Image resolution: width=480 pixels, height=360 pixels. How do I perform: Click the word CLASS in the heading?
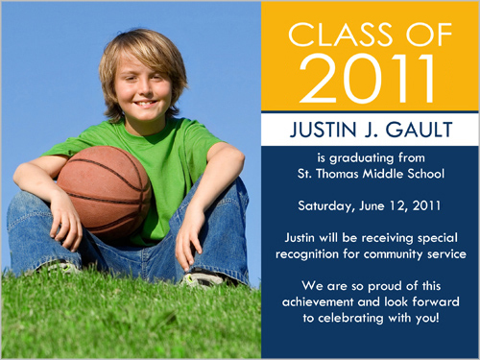(341, 35)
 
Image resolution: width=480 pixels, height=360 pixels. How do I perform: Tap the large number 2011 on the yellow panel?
(367, 79)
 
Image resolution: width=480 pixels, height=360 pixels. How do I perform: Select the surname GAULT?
(419, 130)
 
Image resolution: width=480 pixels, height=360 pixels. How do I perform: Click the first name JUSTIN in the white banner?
(324, 130)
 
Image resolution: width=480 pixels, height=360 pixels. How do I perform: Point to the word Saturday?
(324, 206)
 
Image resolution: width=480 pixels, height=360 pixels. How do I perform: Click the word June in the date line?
(372, 205)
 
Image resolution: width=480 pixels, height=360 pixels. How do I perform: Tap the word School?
(425, 174)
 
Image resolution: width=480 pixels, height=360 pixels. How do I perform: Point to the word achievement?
(318, 301)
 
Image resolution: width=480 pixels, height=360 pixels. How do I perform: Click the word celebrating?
(350, 319)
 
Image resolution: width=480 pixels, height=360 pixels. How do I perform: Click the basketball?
(104, 192)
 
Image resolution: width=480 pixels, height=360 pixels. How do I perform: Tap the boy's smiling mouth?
(146, 103)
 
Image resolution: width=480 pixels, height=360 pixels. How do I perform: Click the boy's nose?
(143, 90)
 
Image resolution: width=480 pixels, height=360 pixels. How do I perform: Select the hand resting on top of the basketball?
(65, 221)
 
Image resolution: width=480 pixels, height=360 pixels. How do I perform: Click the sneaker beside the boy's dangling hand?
(203, 277)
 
